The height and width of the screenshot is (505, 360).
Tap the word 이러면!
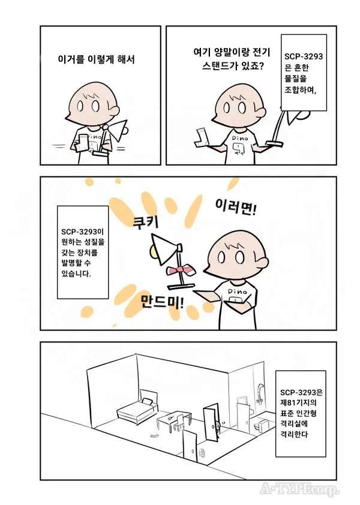pos(236,208)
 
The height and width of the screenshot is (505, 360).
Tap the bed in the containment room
pos(136,410)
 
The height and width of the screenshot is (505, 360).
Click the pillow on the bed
pos(146,400)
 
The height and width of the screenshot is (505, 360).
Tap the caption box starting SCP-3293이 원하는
pos(82,251)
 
